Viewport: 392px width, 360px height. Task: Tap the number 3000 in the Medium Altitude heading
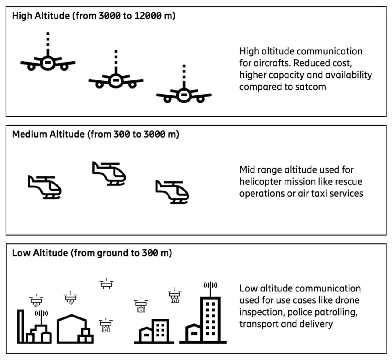(155, 134)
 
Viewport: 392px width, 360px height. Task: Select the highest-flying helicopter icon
(109, 173)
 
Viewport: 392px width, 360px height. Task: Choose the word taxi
(319, 194)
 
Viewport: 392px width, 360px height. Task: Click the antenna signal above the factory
(41, 313)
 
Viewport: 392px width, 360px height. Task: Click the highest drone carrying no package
(107, 284)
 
